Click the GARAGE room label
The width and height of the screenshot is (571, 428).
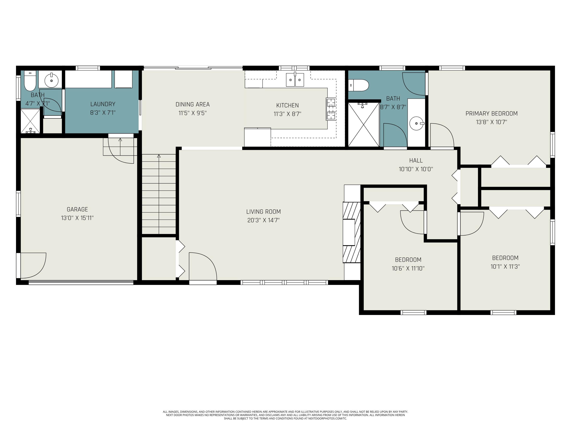(77, 209)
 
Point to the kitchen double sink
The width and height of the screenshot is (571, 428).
(295, 80)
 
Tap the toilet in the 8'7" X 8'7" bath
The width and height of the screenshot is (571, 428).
(359, 85)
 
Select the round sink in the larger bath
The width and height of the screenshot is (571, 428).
(416, 124)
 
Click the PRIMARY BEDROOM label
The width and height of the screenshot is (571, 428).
(491, 114)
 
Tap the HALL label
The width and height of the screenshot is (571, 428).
(416, 161)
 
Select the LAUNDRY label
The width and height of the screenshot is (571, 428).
(103, 104)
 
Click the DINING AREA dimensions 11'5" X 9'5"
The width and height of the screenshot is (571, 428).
(193, 113)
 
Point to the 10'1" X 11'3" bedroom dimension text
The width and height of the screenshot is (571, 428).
(505, 267)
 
